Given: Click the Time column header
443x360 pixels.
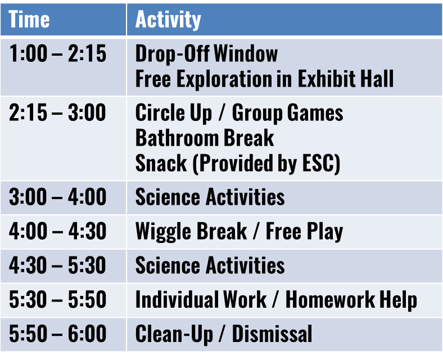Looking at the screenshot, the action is coord(29,19).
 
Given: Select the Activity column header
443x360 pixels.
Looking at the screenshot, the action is coord(168,20).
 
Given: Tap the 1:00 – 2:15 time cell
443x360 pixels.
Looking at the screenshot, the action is coord(58,53).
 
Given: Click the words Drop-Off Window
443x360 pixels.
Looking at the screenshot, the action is coord(206,53).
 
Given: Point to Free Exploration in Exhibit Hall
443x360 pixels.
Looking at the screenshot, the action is coord(264,78).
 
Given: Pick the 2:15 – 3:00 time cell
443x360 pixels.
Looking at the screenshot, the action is coord(57,112).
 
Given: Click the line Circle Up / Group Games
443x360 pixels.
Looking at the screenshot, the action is coord(239,112).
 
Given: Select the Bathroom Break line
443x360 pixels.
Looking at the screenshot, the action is coord(205,138).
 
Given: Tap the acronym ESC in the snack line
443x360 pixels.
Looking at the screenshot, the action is coord(318,163).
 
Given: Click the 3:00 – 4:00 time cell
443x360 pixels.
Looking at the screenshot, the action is coord(58,197).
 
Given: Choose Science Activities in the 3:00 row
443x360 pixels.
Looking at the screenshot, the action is coord(210,197).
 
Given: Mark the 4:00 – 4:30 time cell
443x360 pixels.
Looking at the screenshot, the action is coord(58,231).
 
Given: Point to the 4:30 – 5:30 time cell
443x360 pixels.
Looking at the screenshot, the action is coord(58,265).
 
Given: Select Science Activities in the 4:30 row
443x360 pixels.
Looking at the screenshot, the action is coord(210,265).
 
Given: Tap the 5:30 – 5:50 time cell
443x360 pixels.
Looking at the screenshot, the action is coord(58,299).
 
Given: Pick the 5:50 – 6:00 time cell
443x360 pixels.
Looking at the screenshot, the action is coord(58,334).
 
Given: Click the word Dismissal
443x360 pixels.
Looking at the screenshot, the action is coord(272,334).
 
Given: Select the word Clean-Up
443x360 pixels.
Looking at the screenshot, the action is coord(174,334).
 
